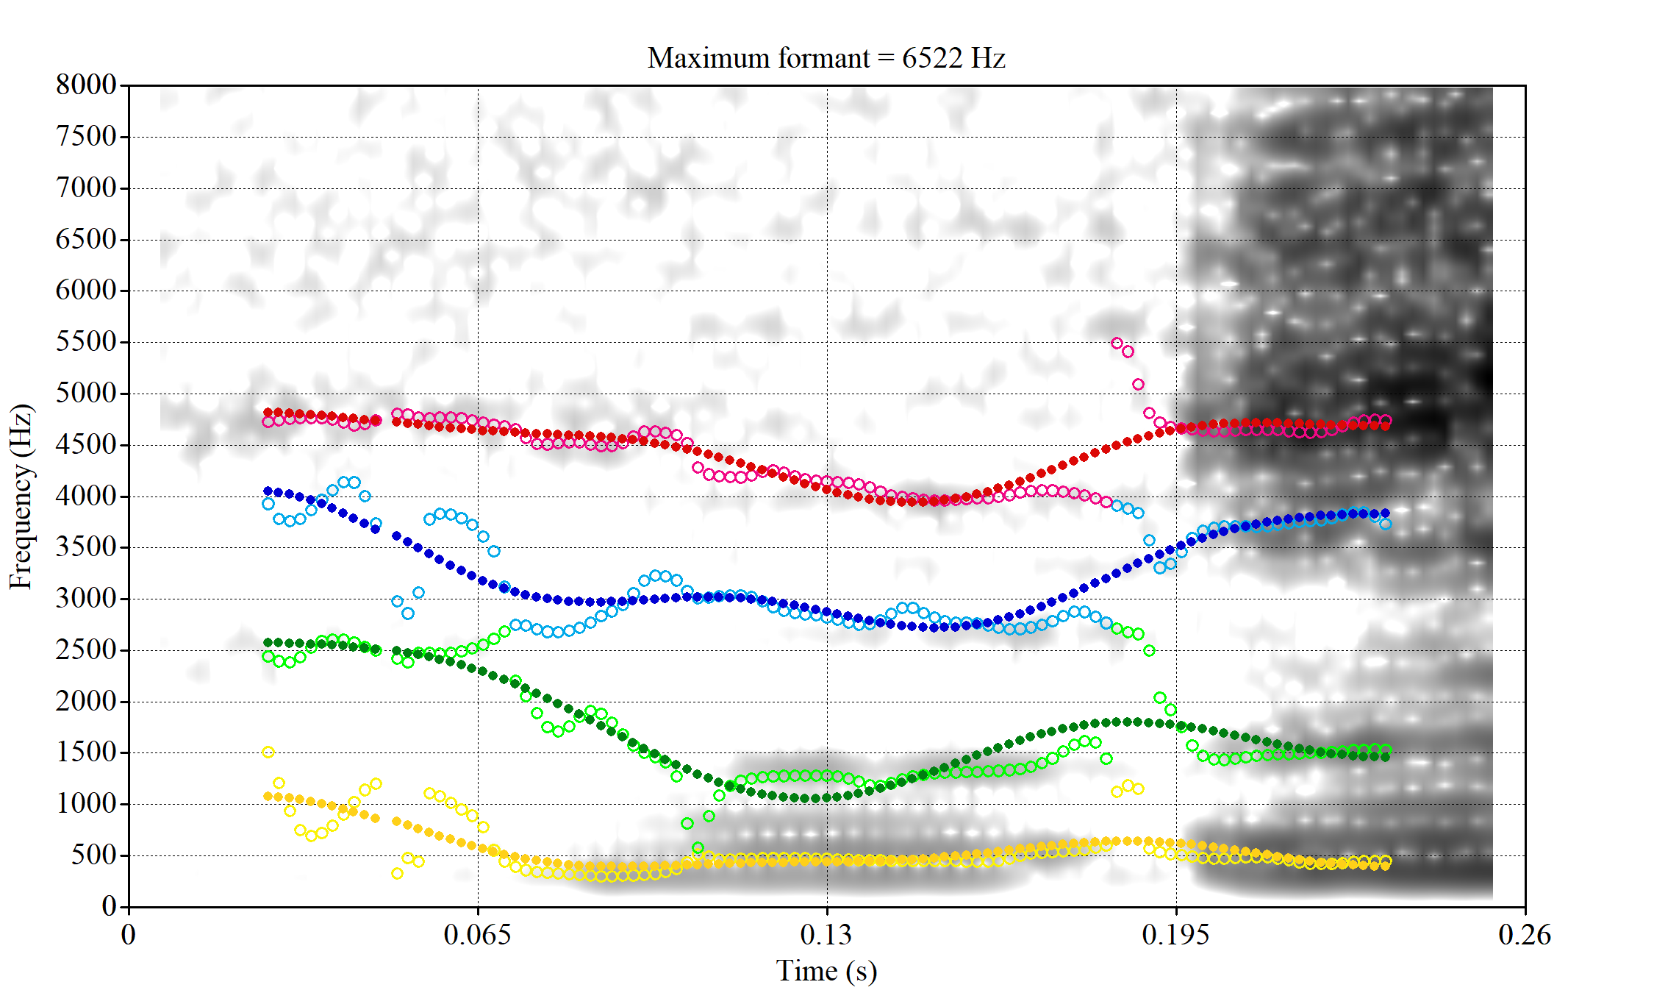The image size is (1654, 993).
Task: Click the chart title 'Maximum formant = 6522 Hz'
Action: (826, 58)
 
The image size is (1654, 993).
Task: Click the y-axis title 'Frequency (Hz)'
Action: (21, 496)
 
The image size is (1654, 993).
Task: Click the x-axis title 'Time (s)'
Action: (826, 971)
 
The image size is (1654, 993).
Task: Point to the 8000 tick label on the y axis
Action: (86, 85)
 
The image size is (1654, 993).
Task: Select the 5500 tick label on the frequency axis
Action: (86, 341)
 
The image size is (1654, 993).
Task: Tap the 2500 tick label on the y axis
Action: (86, 649)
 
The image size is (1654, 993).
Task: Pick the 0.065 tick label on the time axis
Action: (478, 935)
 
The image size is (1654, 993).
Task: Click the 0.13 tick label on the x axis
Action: (826, 935)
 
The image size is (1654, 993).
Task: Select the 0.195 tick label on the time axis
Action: (1175, 935)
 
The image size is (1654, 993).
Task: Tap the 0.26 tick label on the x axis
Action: (1525, 935)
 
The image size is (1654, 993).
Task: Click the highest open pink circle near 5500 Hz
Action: (1117, 343)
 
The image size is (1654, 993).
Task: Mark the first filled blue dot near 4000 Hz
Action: (268, 491)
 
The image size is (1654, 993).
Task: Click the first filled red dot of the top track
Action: (268, 413)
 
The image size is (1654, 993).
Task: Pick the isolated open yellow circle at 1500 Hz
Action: (268, 752)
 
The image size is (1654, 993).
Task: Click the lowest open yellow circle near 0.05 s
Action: (397, 873)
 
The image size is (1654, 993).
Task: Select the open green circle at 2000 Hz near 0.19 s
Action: (1160, 697)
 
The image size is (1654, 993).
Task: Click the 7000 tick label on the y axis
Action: (86, 188)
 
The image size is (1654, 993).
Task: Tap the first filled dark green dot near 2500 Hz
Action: (268, 643)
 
